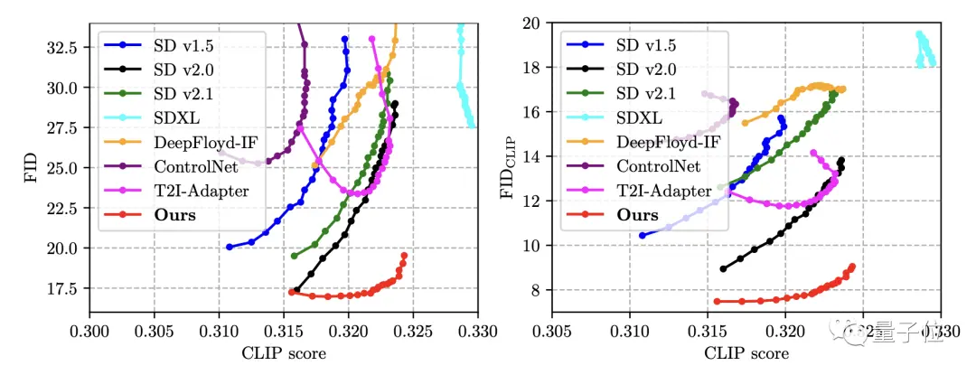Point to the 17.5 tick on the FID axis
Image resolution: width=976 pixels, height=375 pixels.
click(67, 288)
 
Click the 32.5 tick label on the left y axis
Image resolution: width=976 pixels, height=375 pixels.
click(67, 47)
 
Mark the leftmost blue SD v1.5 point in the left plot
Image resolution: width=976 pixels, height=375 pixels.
click(229, 247)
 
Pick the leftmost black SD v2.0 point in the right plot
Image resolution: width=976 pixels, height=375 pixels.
click(723, 268)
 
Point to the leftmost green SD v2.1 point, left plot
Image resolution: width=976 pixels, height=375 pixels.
click(294, 256)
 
